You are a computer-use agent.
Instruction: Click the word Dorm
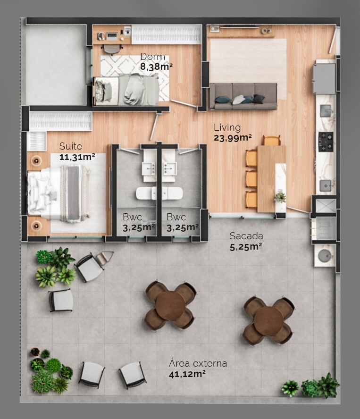click(x=152, y=57)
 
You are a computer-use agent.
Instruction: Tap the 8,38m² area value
click(x=156, y=67)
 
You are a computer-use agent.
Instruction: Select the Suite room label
click(x=70, y=147)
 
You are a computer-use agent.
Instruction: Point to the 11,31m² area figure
click(x=77, y=157)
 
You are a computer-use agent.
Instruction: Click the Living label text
click(x=227, y=127)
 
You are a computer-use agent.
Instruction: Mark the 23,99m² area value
click(x=233, y=138)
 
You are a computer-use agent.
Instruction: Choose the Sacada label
click(x=246, y=236)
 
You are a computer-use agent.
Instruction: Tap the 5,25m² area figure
click(x=246, y=246)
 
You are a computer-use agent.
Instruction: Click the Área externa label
click(x=198, y=363)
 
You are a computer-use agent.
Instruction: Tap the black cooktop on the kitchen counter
click(x=326, y=142)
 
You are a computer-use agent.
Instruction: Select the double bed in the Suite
click(x=59, y=193)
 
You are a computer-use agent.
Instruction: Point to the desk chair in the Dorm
click(x=112, y=49)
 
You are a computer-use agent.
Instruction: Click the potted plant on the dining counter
click(x=280, y=196)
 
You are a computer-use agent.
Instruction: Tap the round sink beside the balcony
click(x=325, y=255)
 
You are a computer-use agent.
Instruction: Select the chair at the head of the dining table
click(x=272, y=140)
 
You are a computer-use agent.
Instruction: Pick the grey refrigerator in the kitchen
click(x=324, y=78)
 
